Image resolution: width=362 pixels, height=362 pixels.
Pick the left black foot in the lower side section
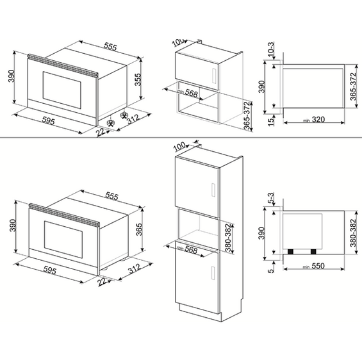click(x=293, y=251)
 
